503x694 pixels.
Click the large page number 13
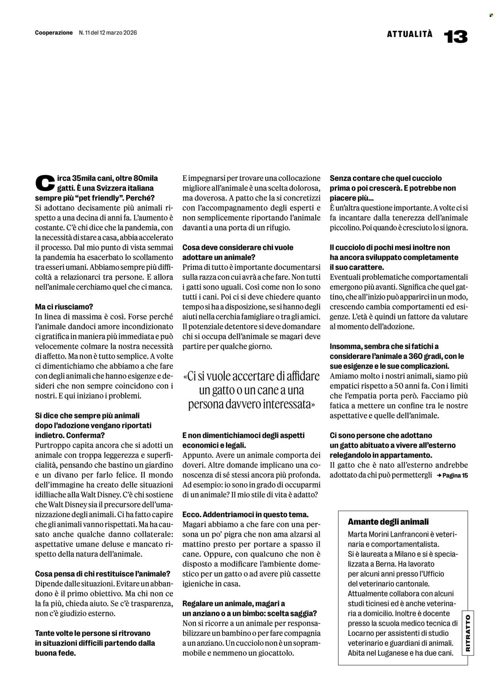(x=456, y=37)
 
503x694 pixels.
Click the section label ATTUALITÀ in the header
(x=410, y=34)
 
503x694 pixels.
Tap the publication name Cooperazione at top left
(x=54, y=33)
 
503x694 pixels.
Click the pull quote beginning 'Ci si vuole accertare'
(x=251, y=390)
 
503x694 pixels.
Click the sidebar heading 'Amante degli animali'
(x=388, y=522)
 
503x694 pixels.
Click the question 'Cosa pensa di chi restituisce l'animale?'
(x=103, y=573)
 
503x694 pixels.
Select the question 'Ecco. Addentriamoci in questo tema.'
(x=245, y=514)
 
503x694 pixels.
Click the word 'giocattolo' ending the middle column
(x=272, y=653)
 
